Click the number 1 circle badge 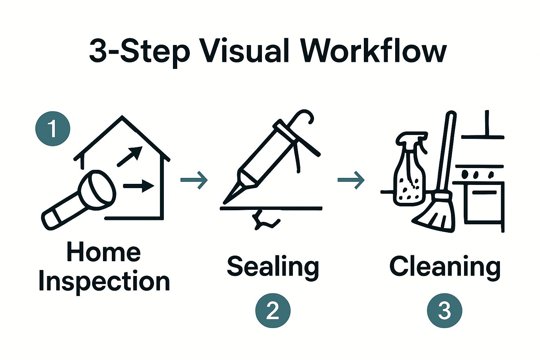53,129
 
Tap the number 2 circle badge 273,311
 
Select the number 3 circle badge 444,311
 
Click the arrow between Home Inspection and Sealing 194,180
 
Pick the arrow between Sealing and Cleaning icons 351,180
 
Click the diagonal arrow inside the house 130,156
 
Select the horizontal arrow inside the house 139,185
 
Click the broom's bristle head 436,214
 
